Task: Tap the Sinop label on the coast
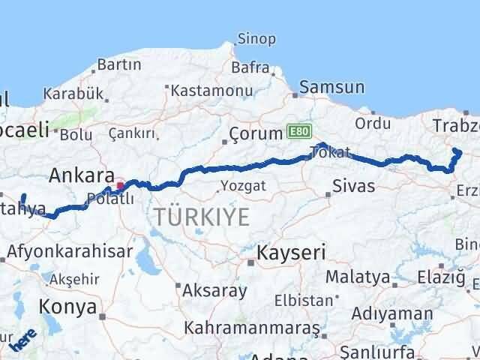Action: point(256,38)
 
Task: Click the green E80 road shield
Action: point(296,133)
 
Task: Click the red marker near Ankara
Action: point(120,184)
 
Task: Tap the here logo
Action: point(24,341)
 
